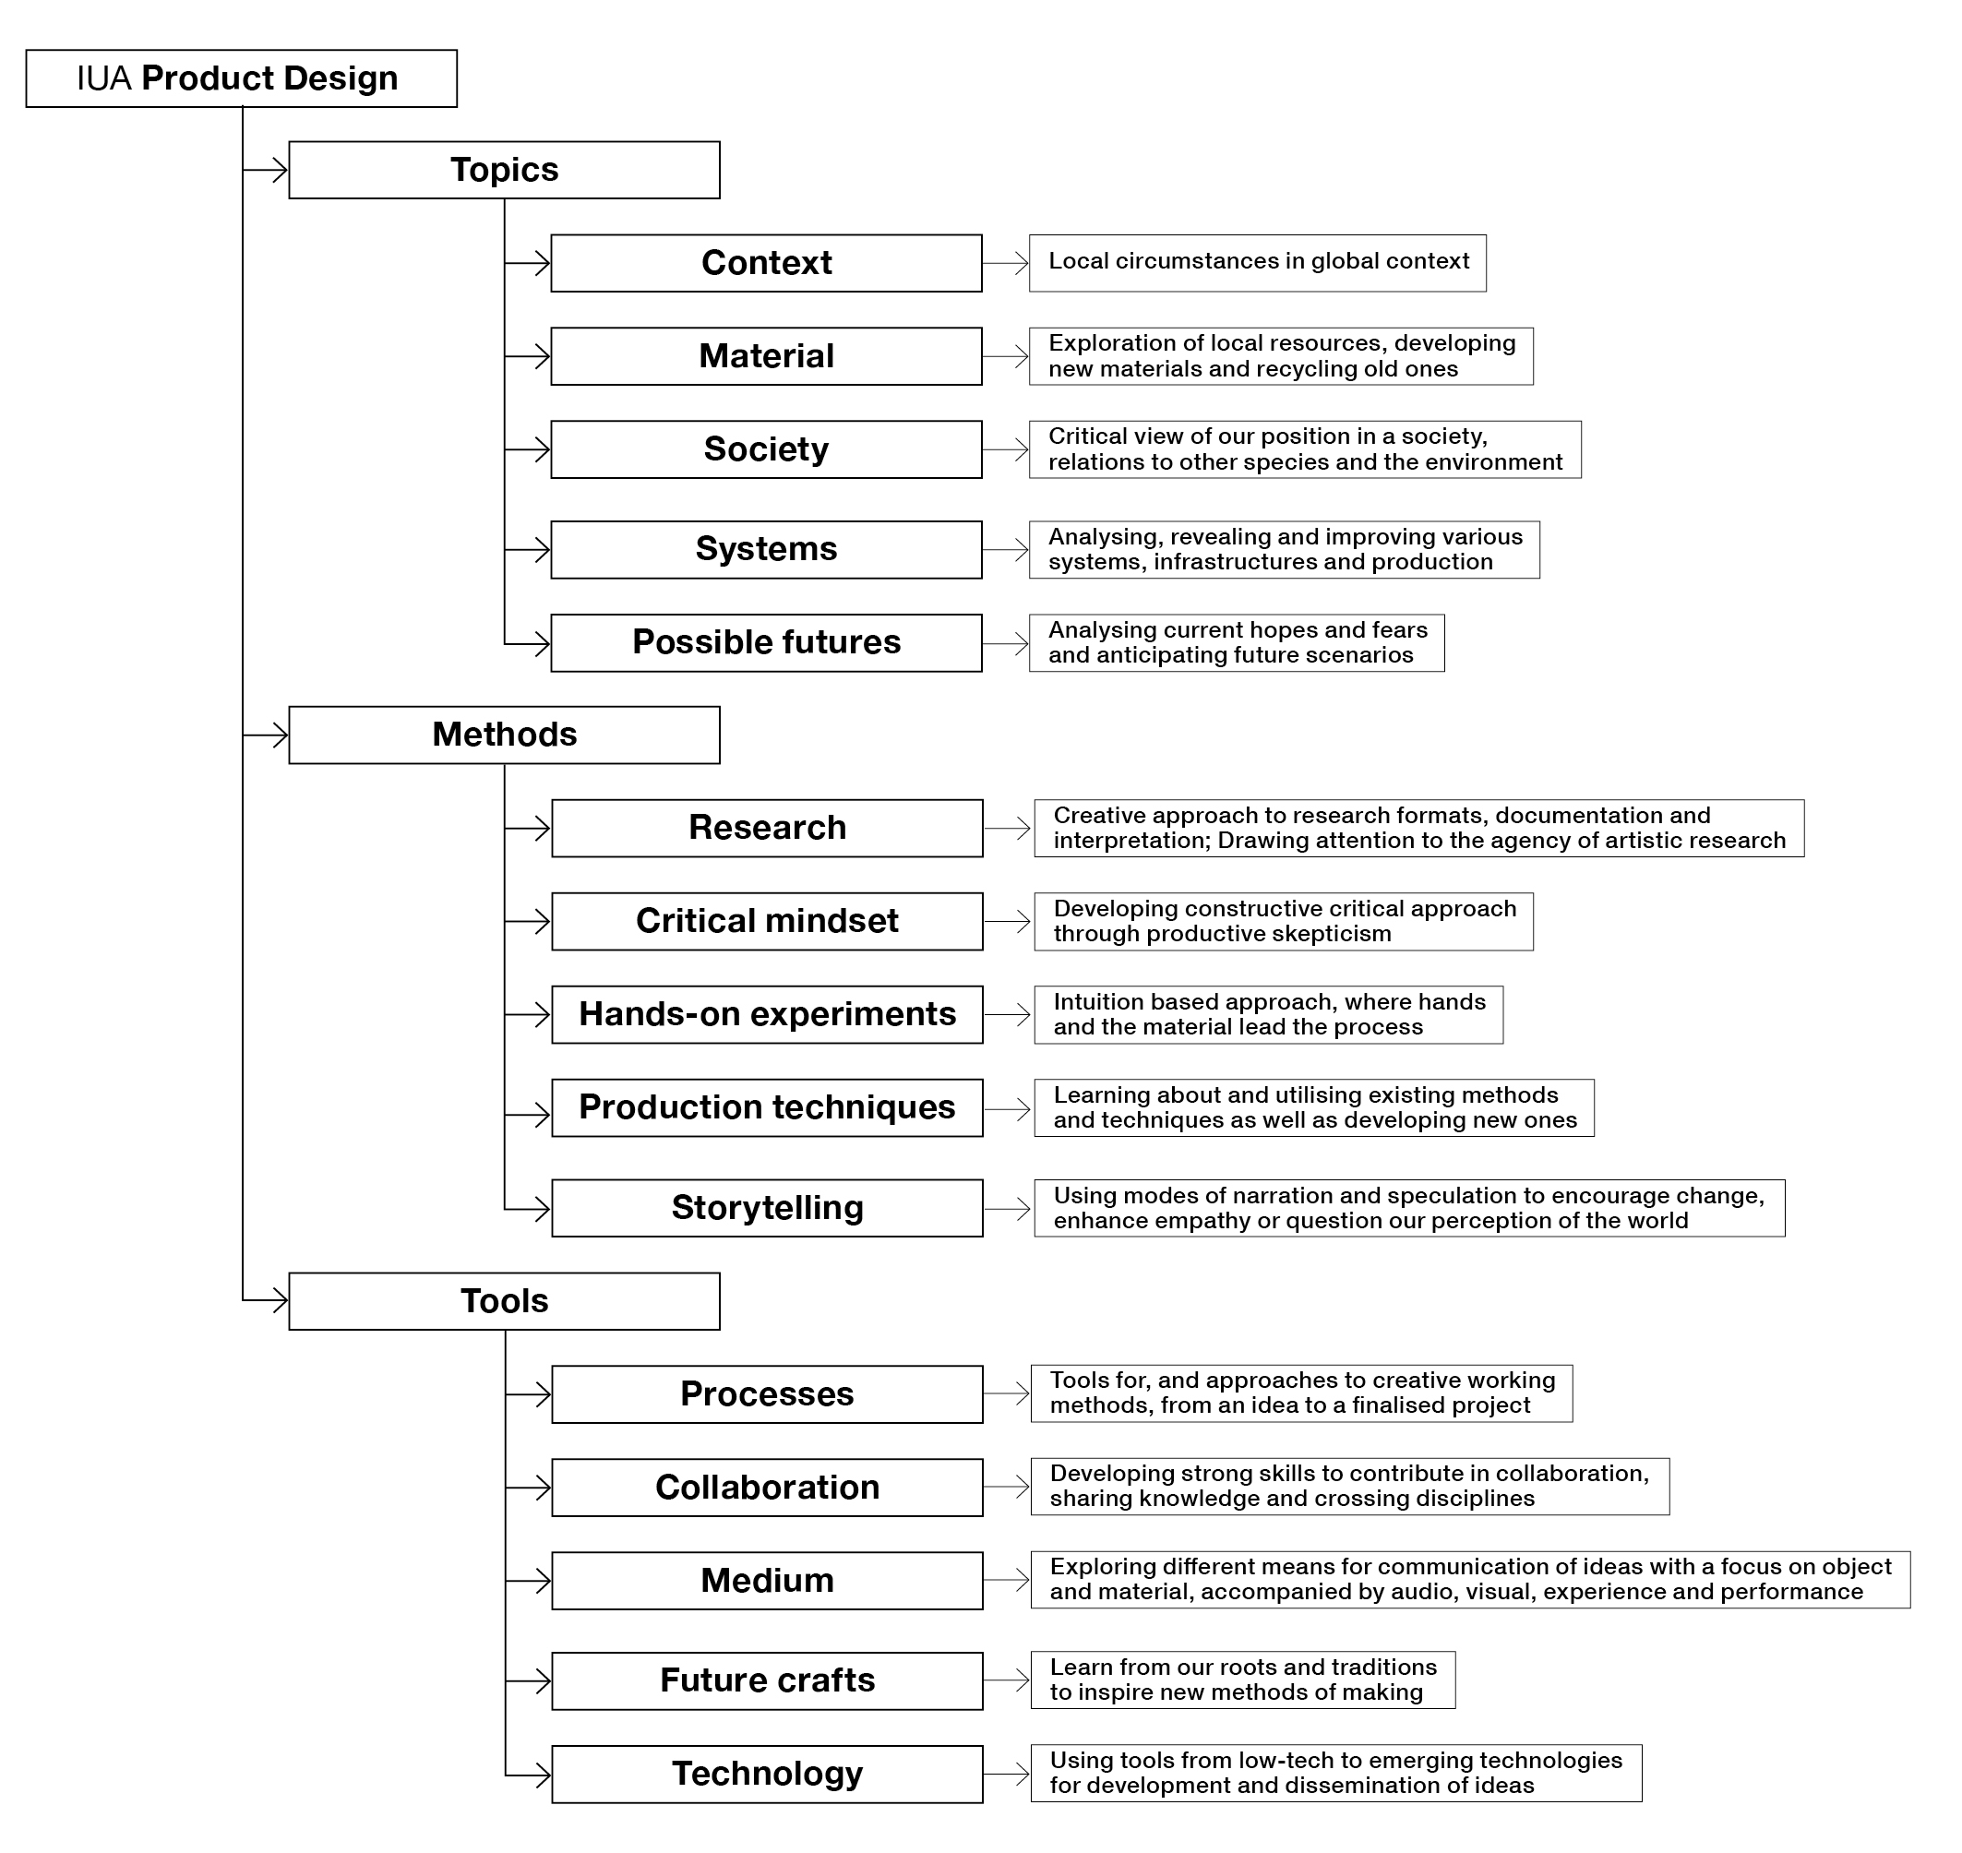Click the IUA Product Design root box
(x=241, y=78)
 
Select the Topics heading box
(x=504, y=170)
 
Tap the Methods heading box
(x=504, y=735)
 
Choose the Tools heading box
(x=504, y=1301)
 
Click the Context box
(x=767, y=263)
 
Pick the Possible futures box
(x=767, y=643)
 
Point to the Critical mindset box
(x=768, y=922)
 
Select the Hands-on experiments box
(x=768, y=1014)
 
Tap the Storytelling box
(x=768, y=1208)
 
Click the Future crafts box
(x=768, y=1681)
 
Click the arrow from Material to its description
(x=1006, y=356)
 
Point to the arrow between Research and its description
(x=1008, y=829)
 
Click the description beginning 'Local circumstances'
(x=1258, y=263)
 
